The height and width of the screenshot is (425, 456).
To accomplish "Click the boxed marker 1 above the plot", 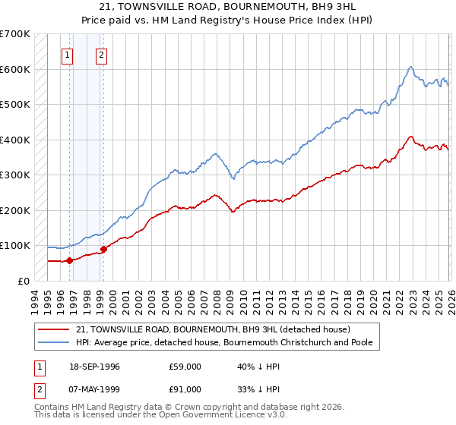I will (68, 55).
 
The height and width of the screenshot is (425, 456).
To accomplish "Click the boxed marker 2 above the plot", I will (102, 55).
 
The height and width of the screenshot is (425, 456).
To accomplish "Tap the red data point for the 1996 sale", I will (69, 260).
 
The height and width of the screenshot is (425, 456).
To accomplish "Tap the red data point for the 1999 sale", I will (103, 249).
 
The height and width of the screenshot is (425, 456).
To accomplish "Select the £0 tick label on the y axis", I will (24, 281).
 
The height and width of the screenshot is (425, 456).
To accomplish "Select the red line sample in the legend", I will (54, 329).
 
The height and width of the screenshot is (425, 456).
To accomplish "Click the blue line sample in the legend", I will (54, 342).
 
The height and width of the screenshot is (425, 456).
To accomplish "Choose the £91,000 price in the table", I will (185, 391).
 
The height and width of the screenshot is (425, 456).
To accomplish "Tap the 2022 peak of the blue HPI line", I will (410, 67).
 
